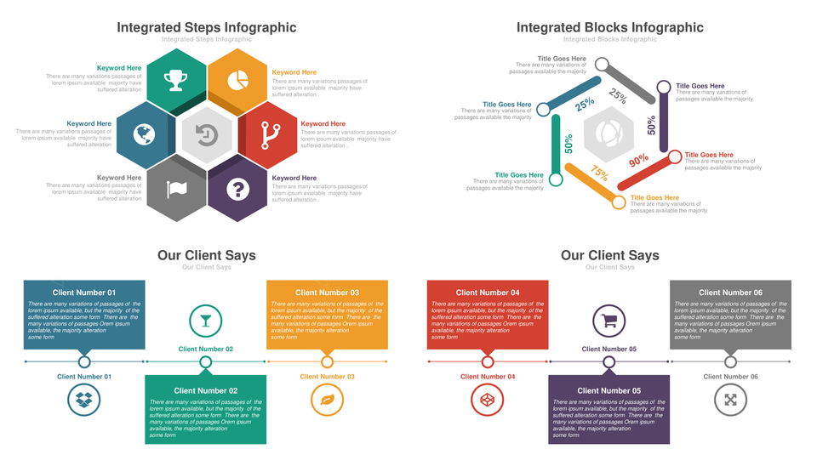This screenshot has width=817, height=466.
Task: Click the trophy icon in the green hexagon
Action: pyautogui.click(x=176, y=80)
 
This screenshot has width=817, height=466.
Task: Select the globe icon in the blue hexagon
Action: pyautogui.click(x=146, y=134)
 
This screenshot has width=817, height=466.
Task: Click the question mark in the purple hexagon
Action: pyautogui.click(x=239, y=189)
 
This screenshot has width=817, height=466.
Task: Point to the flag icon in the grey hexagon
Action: pyautogui.click(x=176, y=189)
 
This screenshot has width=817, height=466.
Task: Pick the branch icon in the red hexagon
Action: pyautogui.click(x=270, y=134)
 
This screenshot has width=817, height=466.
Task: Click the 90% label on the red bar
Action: pyautogui.click(x=638, y=159)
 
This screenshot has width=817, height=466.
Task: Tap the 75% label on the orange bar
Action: pyautogui.click(x=599, y=173)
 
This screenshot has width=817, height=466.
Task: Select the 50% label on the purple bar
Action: pyautogui.click(x=652, y=126)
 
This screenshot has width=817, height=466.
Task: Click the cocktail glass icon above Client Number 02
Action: pyautogui.click(x=205, y=321)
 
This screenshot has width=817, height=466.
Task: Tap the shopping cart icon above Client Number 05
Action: pyautogui.click(x=609, y=321)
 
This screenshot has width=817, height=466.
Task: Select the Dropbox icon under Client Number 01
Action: pyautogui.click(x=83, y=399)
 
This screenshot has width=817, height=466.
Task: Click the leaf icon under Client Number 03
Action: pyautogui.click(x=327, y=399)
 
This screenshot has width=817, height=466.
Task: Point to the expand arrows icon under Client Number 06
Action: pyautogui.click(x=730, y=399)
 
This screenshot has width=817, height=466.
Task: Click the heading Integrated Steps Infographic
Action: pyautogui.click(x=207, y=27)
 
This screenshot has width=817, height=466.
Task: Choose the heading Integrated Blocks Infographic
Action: pyautogui.click(x=610, y=27)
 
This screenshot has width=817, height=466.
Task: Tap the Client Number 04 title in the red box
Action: pyautogui.click(x=488, y=293)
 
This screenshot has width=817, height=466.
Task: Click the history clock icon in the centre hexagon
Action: pyautogui.click(x=207, y=134)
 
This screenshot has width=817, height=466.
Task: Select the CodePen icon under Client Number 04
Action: pyautogui.click(x=488, y=399)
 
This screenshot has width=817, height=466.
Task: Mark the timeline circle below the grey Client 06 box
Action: pyautogui.click(x=730, y=362)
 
